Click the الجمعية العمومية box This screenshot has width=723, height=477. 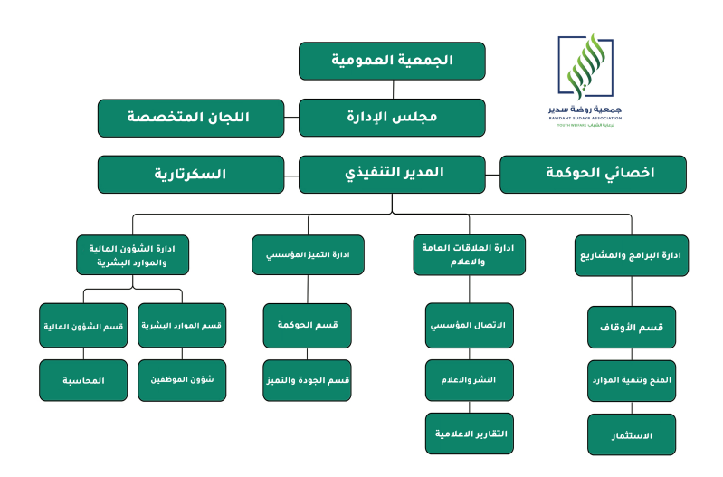point(392,61)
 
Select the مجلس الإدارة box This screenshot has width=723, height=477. point(392,118)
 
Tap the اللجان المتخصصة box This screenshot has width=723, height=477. point(190,118)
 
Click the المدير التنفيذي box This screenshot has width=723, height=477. point(392,174)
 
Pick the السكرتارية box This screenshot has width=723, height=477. point(190,174)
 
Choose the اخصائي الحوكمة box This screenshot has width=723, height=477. point(593,174)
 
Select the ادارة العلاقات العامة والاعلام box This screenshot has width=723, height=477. point(469,254)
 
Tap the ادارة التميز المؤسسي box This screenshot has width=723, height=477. point(308,254)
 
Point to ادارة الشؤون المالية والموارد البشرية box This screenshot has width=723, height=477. point(133,254)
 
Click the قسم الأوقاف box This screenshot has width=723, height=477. point(632,328)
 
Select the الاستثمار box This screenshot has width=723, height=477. point(632,435)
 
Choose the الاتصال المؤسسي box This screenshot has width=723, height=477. point(469,325)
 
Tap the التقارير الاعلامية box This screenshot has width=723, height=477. point(469,434)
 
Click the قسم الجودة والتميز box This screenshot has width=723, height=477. point(308,381)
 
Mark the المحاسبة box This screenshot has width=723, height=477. point(84,381)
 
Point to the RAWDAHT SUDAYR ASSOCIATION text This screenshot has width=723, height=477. point(590,115)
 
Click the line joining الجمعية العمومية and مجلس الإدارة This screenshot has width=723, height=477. point(392,89)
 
